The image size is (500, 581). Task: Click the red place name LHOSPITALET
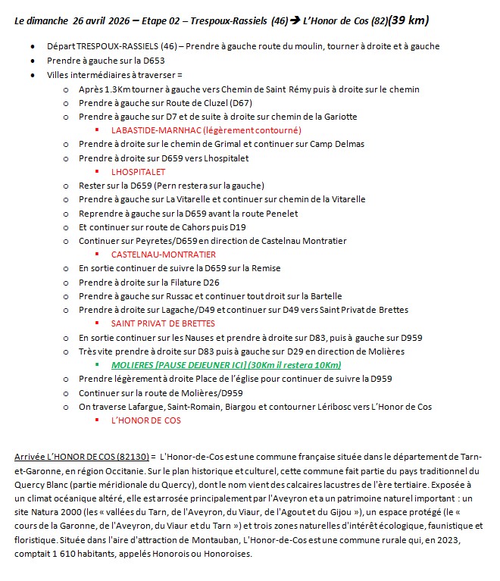(x=138, y=172)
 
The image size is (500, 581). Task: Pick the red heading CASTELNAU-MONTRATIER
(x=163, y=255)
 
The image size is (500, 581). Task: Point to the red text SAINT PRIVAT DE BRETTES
(x=163, y=323)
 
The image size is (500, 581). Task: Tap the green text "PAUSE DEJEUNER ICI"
(x=204, y=364)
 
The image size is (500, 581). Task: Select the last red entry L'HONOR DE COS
(x=145, y=420)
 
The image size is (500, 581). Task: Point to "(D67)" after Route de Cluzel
(x=242, y=103)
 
